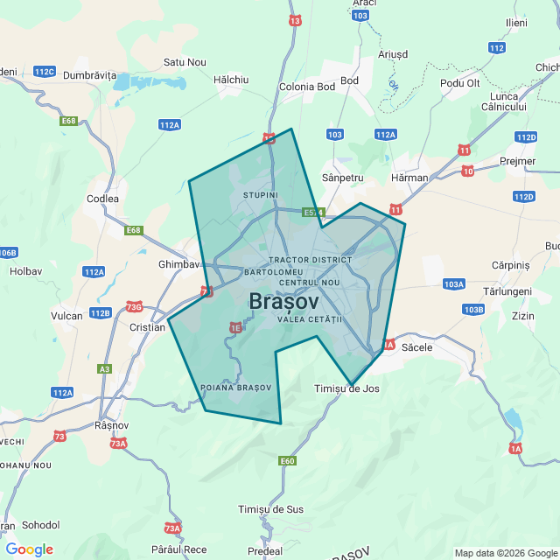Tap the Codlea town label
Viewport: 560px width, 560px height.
102,199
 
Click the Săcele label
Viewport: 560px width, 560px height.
416,347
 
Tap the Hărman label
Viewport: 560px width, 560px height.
410,178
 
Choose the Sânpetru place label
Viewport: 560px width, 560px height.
343,178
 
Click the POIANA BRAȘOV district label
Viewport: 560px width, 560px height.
236,387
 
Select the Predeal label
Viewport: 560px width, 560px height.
264,551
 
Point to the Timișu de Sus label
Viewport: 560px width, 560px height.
271,509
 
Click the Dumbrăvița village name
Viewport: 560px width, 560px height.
89,75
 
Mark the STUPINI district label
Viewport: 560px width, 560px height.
260,194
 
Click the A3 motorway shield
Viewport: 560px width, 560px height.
105,369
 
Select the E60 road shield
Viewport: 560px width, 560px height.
287,460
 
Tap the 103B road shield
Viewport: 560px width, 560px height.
473,310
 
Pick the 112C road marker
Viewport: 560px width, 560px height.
43,71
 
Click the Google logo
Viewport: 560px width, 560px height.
29,549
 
